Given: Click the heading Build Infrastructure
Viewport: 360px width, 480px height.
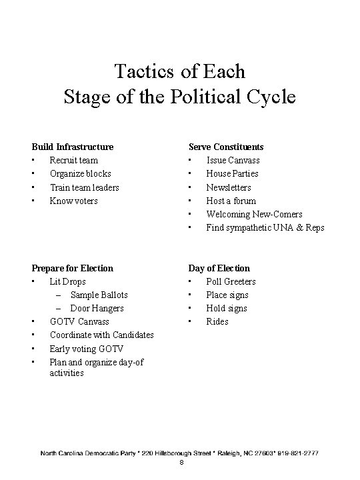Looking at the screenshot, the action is coord(73,147).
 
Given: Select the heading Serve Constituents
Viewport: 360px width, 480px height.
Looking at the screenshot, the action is coord(225,147).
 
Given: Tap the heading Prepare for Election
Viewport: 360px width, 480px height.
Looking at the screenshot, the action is coord(73,268).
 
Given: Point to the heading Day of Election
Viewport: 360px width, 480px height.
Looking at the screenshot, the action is coord(219,268).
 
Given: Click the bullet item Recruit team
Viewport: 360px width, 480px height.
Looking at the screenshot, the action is coord(74,160).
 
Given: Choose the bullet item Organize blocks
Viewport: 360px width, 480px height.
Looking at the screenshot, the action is coord(81,173).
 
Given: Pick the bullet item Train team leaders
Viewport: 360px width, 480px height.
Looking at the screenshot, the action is coord(85,187).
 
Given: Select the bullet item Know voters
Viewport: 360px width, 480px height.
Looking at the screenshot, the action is coord(74,201).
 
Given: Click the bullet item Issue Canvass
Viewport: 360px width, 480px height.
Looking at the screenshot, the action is coord(233,160).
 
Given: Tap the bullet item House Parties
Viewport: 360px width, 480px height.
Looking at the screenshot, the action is coord(233,173).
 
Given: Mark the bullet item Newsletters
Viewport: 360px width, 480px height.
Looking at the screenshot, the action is coord(229,187).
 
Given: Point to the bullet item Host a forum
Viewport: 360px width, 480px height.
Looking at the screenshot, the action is coord(231,201).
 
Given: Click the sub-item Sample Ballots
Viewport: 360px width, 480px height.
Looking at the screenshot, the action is coord(99,295).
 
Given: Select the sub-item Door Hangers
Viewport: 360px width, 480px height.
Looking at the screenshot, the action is coord(97,308).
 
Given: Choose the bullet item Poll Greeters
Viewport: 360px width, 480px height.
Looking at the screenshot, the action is coord(231,281).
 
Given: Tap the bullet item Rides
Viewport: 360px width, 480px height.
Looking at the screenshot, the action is coord(217,321).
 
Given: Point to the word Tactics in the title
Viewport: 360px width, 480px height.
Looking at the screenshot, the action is coord(139,71).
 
